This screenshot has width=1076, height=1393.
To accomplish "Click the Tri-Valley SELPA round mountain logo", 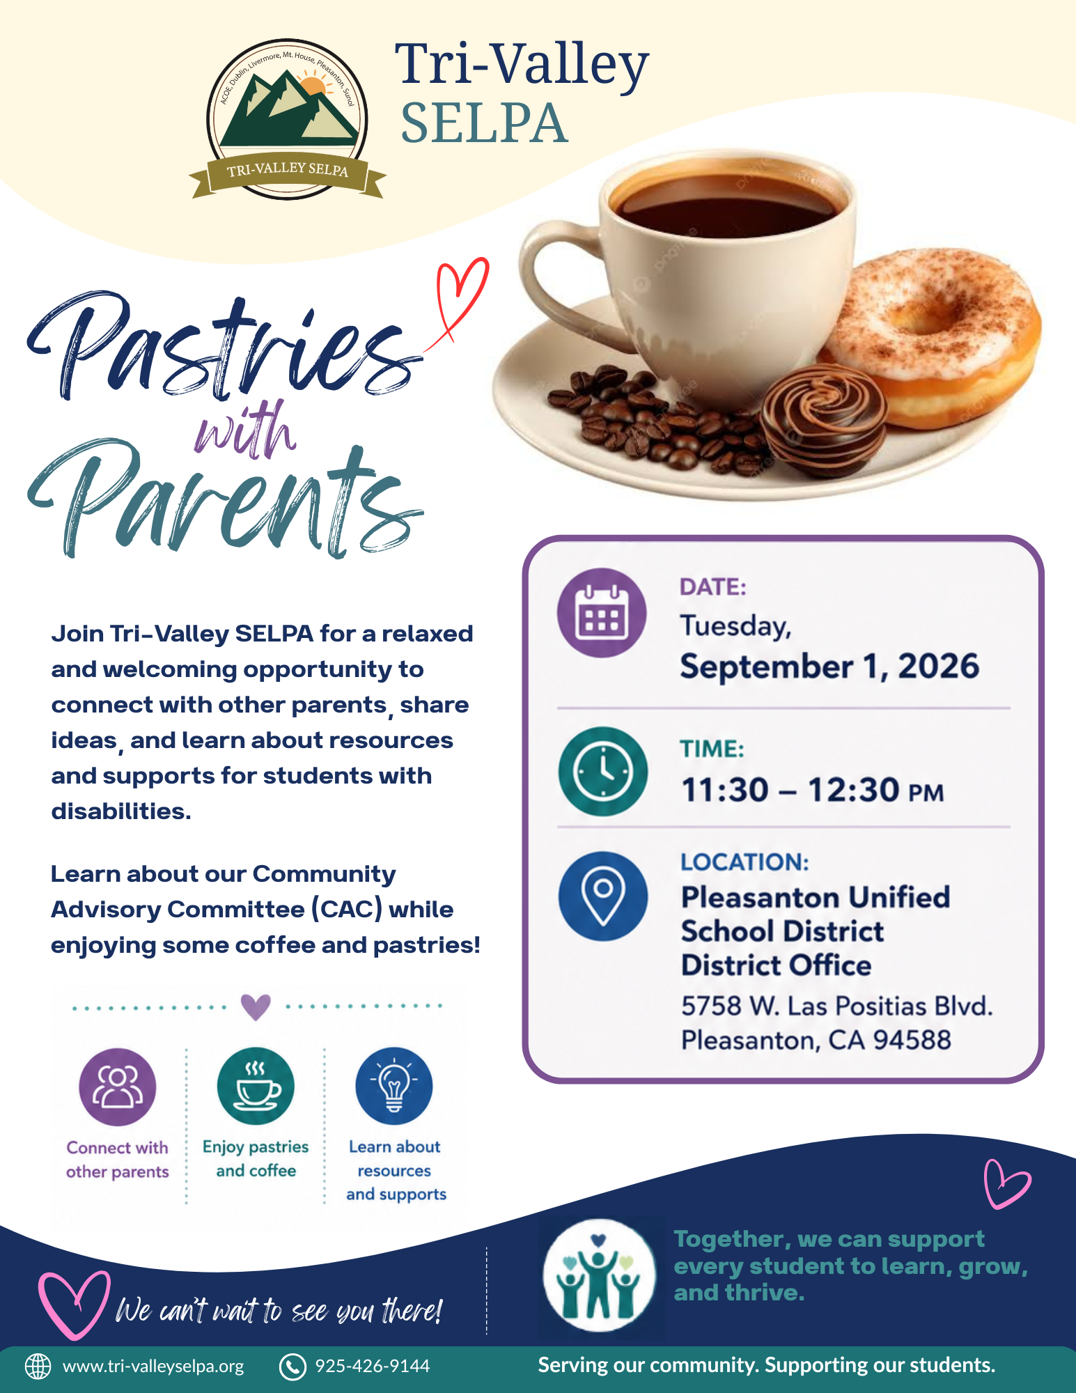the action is coord(287,119).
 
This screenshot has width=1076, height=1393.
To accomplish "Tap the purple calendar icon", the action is coord(602,613).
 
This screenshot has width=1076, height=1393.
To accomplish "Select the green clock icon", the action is coord(603,771).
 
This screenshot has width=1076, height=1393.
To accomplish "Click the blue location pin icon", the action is coord(603,896).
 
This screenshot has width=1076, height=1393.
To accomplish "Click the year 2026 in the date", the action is coord(938,667).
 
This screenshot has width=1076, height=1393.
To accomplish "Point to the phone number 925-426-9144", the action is coord(373,1366).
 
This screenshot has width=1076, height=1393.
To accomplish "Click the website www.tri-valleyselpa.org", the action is coord(153,1367).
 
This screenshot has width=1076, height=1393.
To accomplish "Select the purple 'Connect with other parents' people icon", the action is coord(117,1087).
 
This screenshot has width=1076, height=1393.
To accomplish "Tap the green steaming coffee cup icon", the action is coord(256,1086).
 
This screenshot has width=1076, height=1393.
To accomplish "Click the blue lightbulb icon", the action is coord(394,1086).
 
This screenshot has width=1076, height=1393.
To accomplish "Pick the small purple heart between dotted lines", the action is coord(256,1006).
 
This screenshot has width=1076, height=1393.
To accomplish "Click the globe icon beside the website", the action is coord(38,1367).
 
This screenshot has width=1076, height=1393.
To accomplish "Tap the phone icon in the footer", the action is coord(293,1367).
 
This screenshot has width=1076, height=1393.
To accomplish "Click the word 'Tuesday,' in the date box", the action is coord(735,626).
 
